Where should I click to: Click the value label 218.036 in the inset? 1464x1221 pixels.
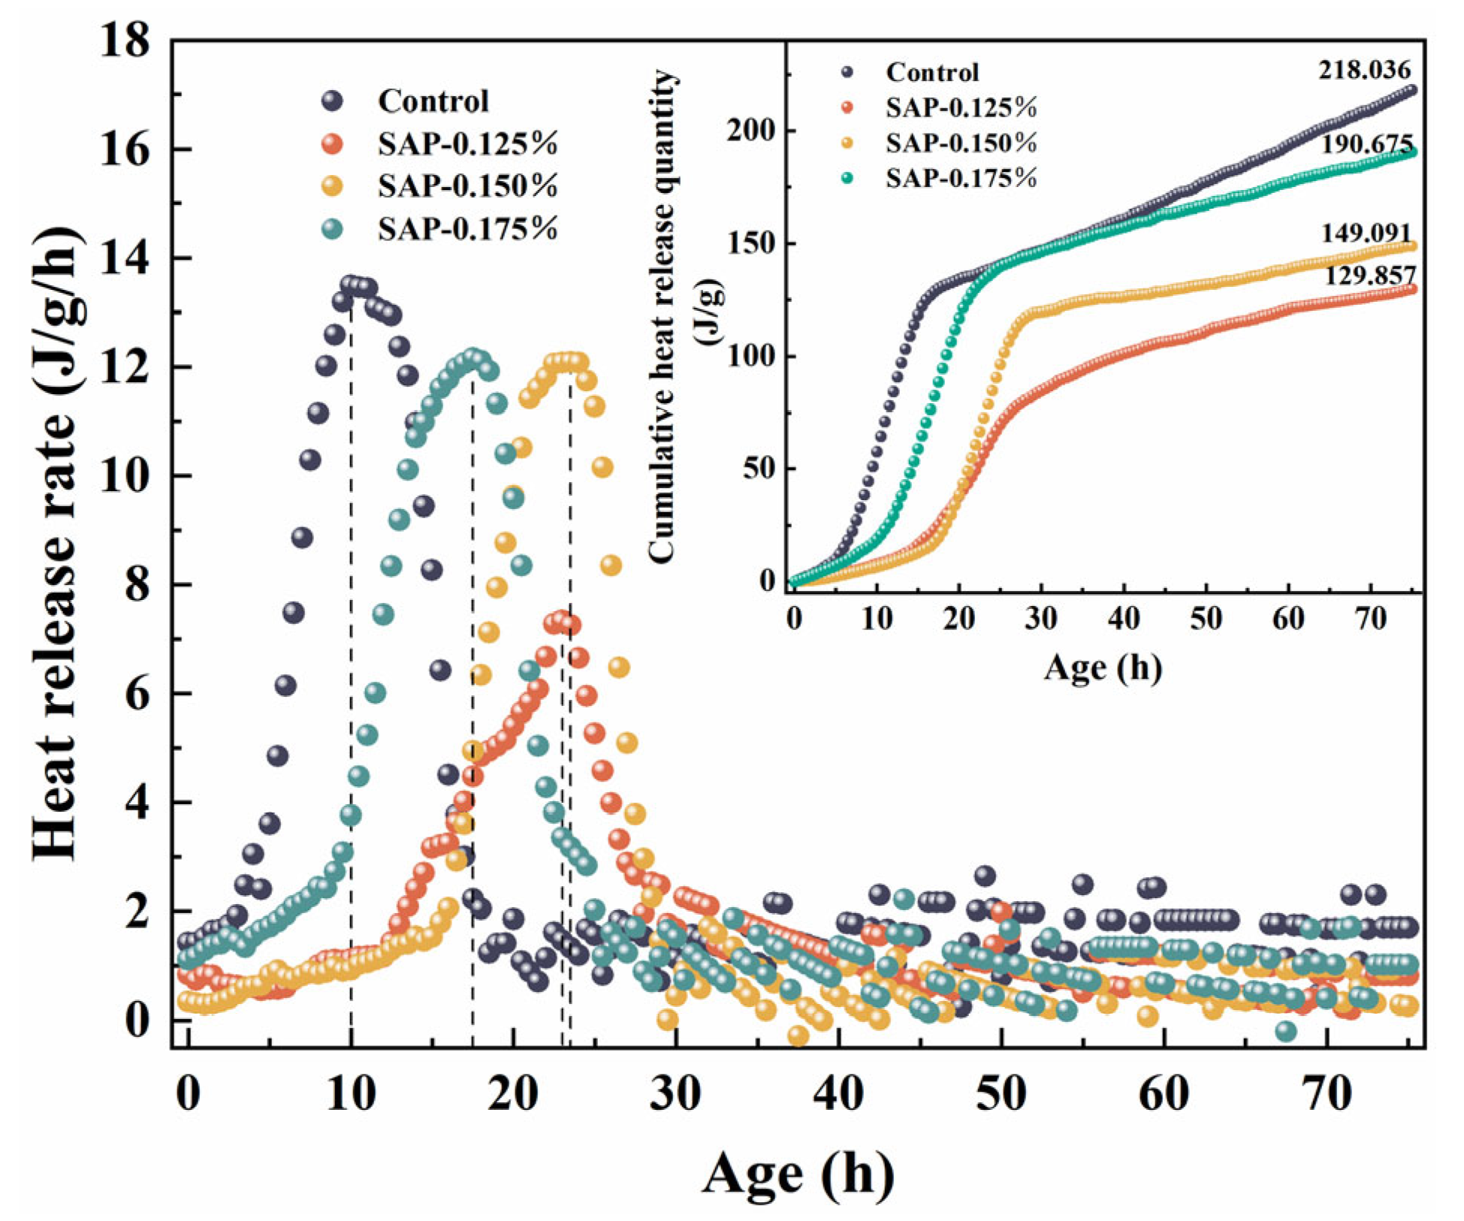pyautogui.click(x=1364, y=71)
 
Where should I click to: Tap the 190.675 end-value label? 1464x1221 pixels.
pyautogui.click(x=1366, y=144)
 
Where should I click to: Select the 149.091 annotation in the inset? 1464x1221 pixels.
pyautogui.click(x=1366, y=234)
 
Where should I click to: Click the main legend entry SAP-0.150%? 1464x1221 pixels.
pyautogui.click(x=467, y=185)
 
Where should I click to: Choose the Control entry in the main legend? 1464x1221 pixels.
pyautogui.click(x=433, y=101)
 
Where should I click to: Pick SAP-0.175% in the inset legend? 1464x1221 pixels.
pyautogui.click(x=961, y=178)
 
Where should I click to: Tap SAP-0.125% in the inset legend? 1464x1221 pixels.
pyautogui.click(x=961, y=107)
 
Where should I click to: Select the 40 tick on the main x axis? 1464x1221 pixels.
pyautogui.click(x=838, y=1095)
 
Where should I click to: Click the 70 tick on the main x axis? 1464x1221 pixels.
pyautogui.click(x=1327, y=1095)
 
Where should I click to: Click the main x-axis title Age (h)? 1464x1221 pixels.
pyautogui.click(x=798, y=1173)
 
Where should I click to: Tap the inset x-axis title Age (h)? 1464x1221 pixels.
pyautogui.click(x=1102, y=667)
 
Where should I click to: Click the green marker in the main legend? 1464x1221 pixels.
pyautogui.click(x=331, y=228)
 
